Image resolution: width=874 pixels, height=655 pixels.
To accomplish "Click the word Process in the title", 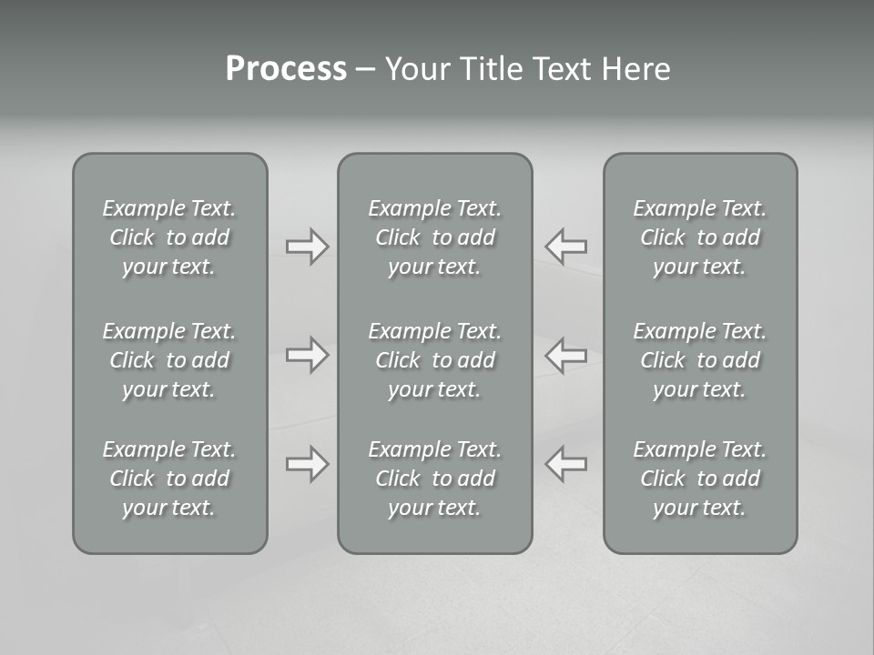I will click(x=286, y=69).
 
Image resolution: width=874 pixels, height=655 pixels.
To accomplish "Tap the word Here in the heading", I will click(x=636, y=69).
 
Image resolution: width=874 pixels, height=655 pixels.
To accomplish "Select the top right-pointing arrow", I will click(x=307, y=247).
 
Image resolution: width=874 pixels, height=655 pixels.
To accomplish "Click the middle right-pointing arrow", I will click(x=307, y=355).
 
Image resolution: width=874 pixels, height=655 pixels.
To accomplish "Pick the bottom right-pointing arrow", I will click(x=307, y=464).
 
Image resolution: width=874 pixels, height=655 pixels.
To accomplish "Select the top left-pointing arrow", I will click(x=566, y=247).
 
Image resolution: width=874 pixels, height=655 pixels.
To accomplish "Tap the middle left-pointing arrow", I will click(x=566, y=355).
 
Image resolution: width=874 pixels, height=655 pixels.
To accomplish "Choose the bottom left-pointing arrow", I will click(x=566, y=464).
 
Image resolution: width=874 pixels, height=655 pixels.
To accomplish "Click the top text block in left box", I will click(x=169, y=237).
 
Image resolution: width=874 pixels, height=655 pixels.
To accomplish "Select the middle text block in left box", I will click(x=169, y=360).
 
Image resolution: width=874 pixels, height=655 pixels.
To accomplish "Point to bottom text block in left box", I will click(x=169, y=479).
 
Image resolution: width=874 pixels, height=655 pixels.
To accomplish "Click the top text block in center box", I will click(x=434, y=237).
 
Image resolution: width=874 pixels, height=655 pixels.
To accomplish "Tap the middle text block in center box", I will click(x=434, y=360).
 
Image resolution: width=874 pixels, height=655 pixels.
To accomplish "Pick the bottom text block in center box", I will click(x=434, y=479).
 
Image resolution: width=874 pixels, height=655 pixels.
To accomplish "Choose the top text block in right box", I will click(x=699, y=237).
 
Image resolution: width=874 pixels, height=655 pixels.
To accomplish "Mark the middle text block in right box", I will click(x=699, y=360).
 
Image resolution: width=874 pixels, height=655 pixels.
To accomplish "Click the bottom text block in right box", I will click(x=699, y=479).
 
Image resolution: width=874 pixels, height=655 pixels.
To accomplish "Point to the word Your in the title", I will click(x=414, y=69).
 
